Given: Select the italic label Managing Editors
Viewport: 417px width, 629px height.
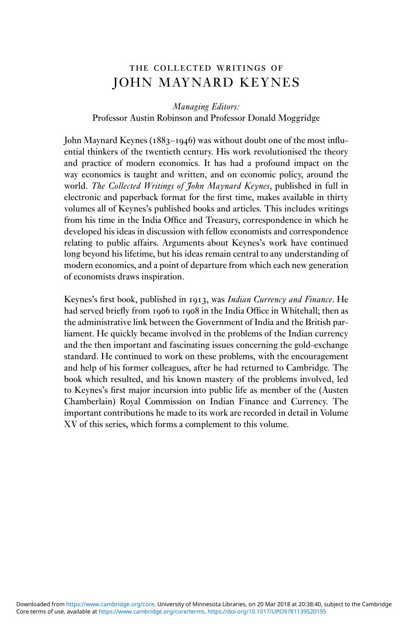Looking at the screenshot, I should click(x=206, y=107).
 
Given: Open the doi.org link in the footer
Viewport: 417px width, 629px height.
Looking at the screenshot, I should click(x=267, y=612).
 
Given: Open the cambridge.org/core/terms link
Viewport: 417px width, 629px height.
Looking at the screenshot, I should click(x=151, y=612).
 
